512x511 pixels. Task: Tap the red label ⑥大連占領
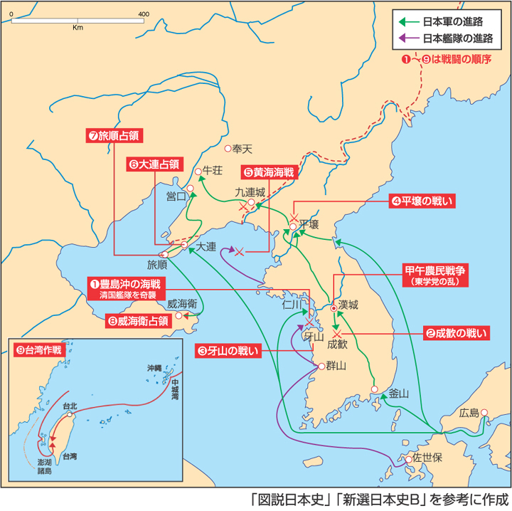click(154, 163)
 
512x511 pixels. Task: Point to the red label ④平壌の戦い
click(420, 201)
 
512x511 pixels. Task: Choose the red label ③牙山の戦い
click(228, 349)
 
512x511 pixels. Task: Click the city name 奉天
click(242, 149)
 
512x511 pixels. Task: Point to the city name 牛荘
click(213, 171)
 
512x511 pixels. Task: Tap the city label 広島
click(470, 413)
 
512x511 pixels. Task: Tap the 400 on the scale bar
click(143, 14)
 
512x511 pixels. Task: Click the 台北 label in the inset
click(69, 406)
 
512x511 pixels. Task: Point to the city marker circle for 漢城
click(333, 309)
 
